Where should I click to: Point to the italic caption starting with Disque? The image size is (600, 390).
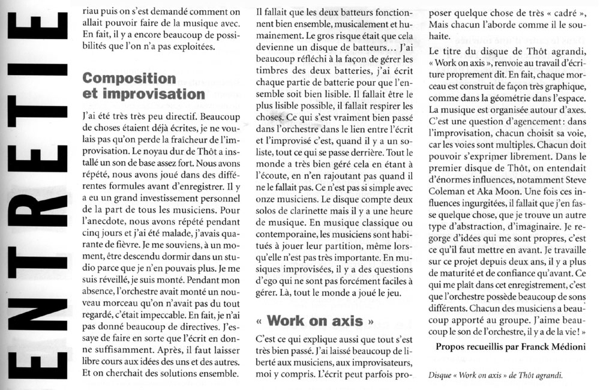(496, 376)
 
